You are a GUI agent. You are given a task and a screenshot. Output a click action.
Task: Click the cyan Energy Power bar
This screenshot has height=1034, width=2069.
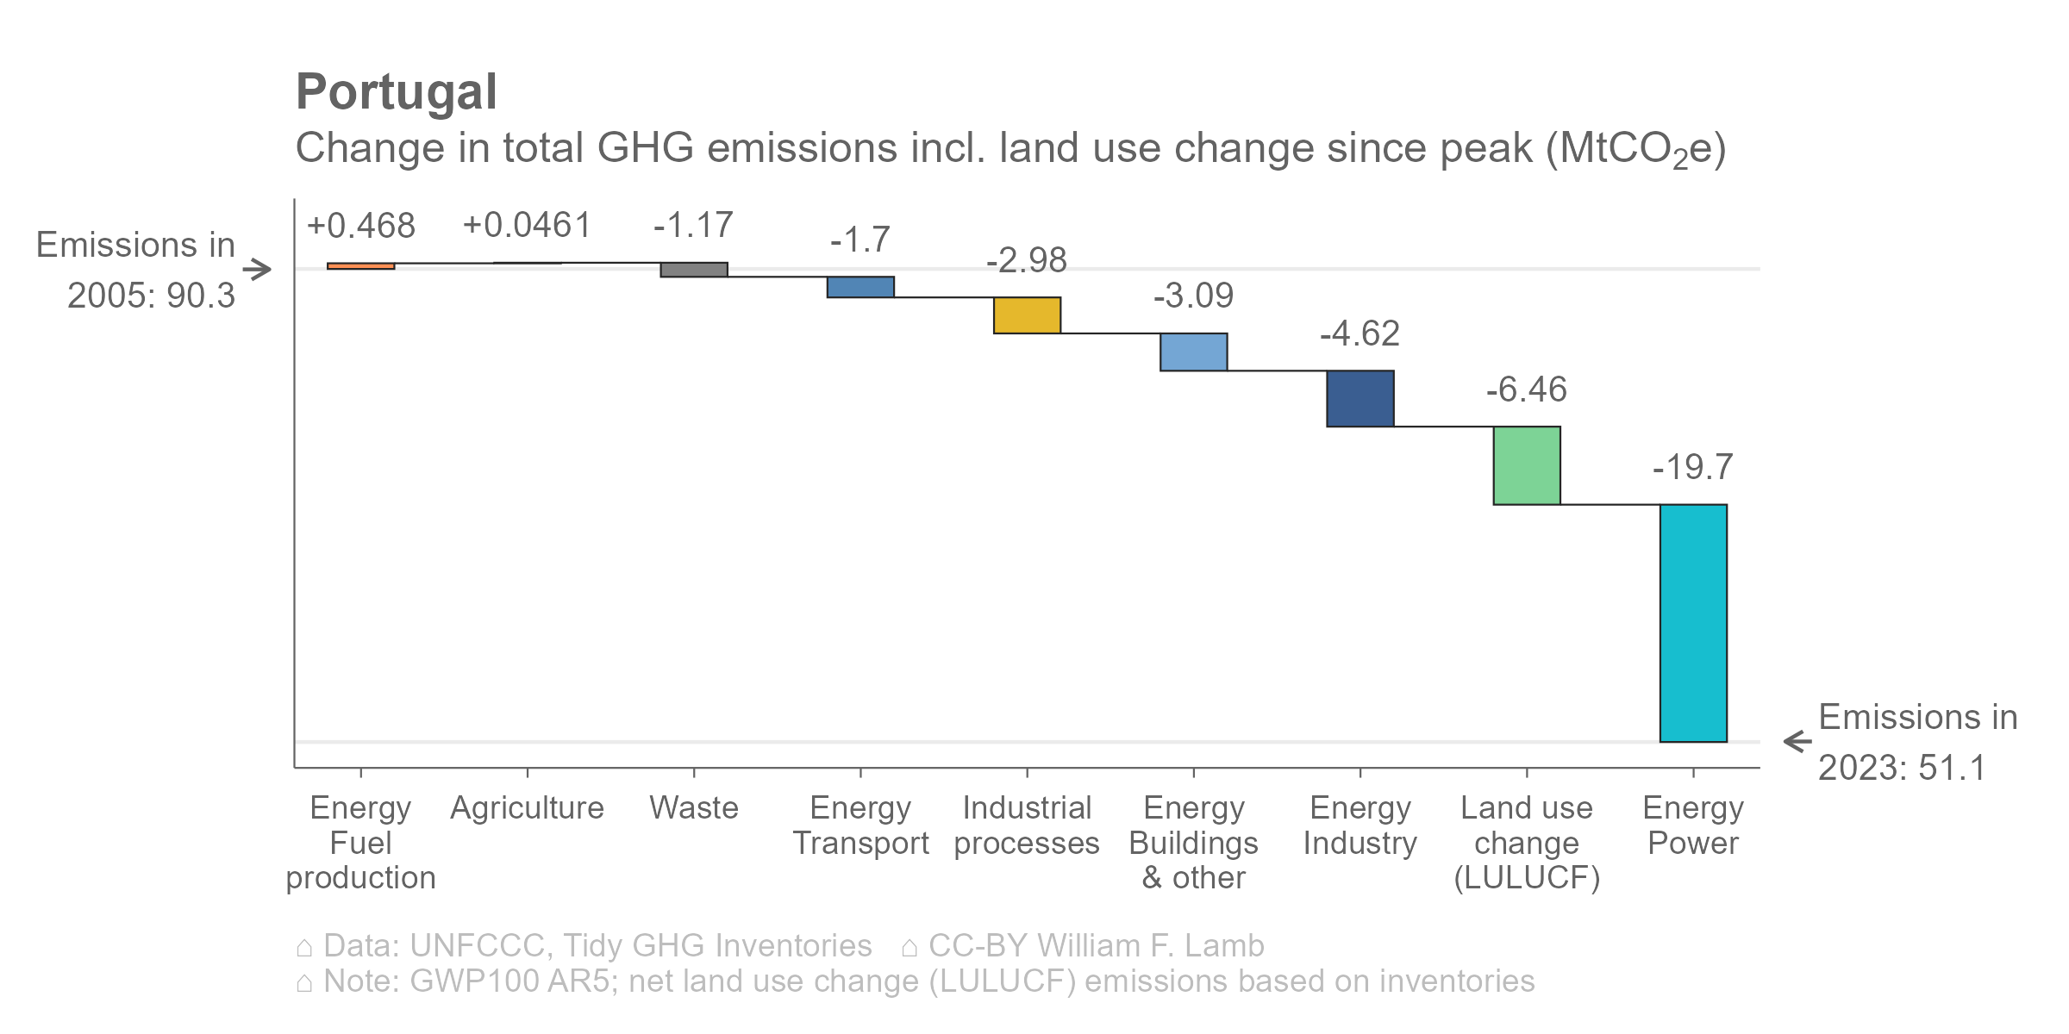tap(1693, 623)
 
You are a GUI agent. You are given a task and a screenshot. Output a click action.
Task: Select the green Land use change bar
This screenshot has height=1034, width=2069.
tap(1527, 465)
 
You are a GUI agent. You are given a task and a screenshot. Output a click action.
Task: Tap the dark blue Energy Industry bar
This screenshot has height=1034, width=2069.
tap(1360, 398)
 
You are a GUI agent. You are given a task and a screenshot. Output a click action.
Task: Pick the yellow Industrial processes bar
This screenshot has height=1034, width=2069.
tap(1027, 315)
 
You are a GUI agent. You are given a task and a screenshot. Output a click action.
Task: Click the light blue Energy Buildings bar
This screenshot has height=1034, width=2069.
tap(1194, 352)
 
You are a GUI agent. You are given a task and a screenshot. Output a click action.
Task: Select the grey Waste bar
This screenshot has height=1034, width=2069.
tap(694, 270)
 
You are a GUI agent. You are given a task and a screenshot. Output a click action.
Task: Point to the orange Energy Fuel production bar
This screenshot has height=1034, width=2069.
tap(361, 266)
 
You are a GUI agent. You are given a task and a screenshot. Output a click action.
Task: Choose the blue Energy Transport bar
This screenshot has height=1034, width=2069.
tap(860, 287)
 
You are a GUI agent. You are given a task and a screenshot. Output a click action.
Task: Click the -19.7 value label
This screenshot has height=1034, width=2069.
tap(1692, 467)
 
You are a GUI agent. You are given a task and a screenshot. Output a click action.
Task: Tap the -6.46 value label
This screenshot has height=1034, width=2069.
tap(1526, 389)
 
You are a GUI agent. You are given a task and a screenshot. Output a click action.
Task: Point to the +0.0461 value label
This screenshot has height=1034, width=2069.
tap(527, 226)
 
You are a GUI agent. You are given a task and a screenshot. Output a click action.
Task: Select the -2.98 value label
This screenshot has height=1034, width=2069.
tap(1026, 260)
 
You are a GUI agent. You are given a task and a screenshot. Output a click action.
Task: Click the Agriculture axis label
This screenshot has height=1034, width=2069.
tap(527, 808)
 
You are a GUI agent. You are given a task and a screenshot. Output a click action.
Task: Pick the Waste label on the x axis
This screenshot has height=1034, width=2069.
tap(694, 808)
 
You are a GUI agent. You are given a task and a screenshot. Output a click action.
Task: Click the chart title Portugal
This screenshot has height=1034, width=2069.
tap(397, 92)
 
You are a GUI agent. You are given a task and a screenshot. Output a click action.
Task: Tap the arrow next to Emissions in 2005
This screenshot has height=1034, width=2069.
tap(257, 270)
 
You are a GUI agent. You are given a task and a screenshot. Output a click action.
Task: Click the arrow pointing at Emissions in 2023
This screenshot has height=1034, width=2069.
tap(1797, 741)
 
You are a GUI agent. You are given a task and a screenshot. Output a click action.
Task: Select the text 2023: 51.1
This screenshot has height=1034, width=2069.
tap(1902, 768)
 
